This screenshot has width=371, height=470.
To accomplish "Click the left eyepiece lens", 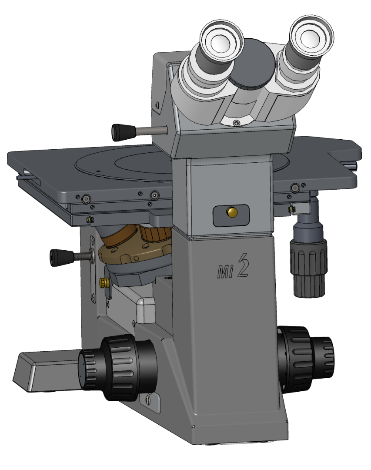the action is [x=221, y=42].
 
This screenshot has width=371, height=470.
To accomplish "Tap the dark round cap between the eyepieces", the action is [x=252, y=64].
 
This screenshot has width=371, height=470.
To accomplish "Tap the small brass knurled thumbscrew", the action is [x=104, y=283].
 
